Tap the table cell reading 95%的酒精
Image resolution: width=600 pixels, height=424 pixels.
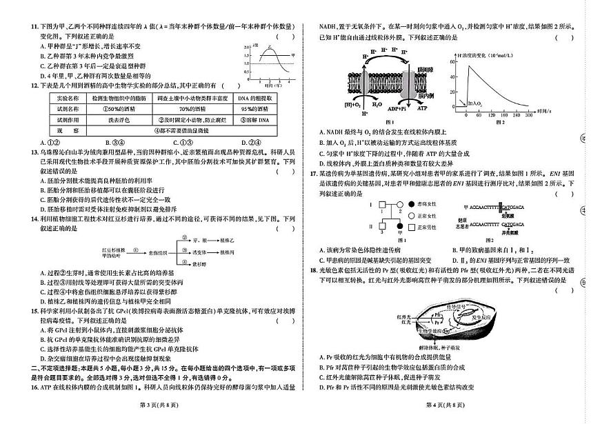tap(253, 108)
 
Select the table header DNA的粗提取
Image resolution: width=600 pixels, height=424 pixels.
tap(253, 98)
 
